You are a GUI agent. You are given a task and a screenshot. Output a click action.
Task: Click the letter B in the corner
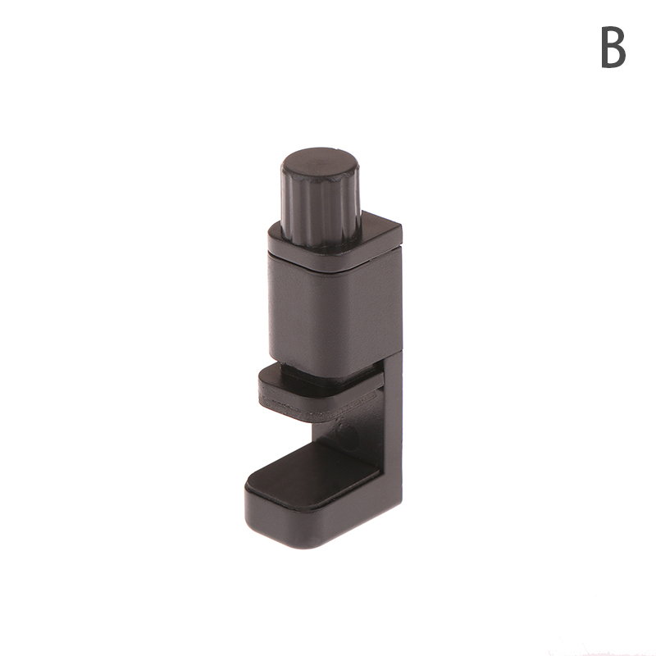613,47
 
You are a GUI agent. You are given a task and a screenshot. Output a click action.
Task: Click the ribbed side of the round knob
320,209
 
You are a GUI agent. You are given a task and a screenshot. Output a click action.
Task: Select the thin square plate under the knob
335,244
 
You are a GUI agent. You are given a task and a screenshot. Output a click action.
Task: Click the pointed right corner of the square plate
402,226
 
